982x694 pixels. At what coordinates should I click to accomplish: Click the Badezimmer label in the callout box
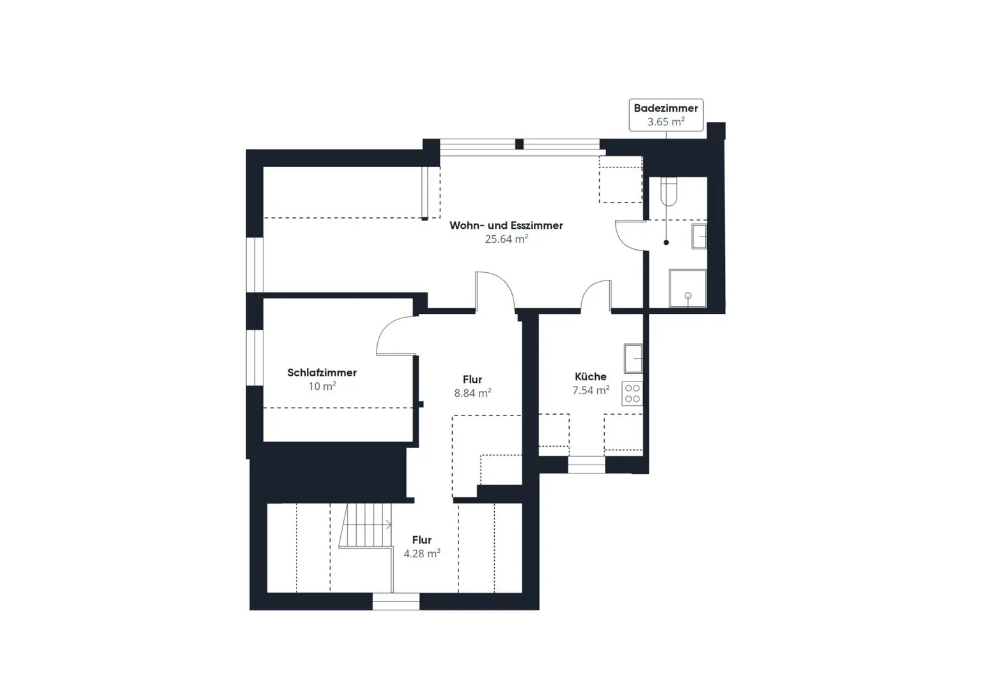pyautogui.click(x=666, y=108)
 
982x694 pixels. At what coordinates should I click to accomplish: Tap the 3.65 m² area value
pyautogui.click(x=666, y=122)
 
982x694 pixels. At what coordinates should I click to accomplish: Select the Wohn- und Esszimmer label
pyautogui.click(x=506, y=225)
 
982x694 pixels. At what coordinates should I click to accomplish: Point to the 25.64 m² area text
pyautogui.click(x=506, y=239)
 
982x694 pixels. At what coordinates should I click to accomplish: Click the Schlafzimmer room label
pyautogui.click(x=322, y=373)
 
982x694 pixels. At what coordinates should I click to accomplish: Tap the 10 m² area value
pyautogui.click(x=322, y=386)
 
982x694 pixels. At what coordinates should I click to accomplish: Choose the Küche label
pyautogui.click(x=591, y=376)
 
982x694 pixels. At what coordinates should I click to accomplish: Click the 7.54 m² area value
pyautogui.click(x=591, y=390)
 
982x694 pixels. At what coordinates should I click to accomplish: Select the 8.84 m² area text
pyautogui.click(x=472, y=393)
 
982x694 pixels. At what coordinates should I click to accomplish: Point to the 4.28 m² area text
pyautogui.click(x=422, y=553)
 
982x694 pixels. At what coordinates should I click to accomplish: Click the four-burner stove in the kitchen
pyautogui.click(x=632, y=394)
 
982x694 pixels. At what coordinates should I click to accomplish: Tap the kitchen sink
pyautogui.click(x=633, y=359)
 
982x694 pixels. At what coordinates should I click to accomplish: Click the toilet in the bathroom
pyautogui.click(x=669, y=192)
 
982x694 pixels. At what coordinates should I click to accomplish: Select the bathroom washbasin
pyautogui.click(x=699, y=236)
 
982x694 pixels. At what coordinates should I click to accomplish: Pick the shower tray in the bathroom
pyautogui.click(x=688, y=288)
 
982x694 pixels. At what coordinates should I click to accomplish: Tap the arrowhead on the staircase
pyautogui.click(x=389, y=525)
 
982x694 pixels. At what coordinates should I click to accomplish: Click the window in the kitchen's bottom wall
pyautogui.click(x=586, y=465)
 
